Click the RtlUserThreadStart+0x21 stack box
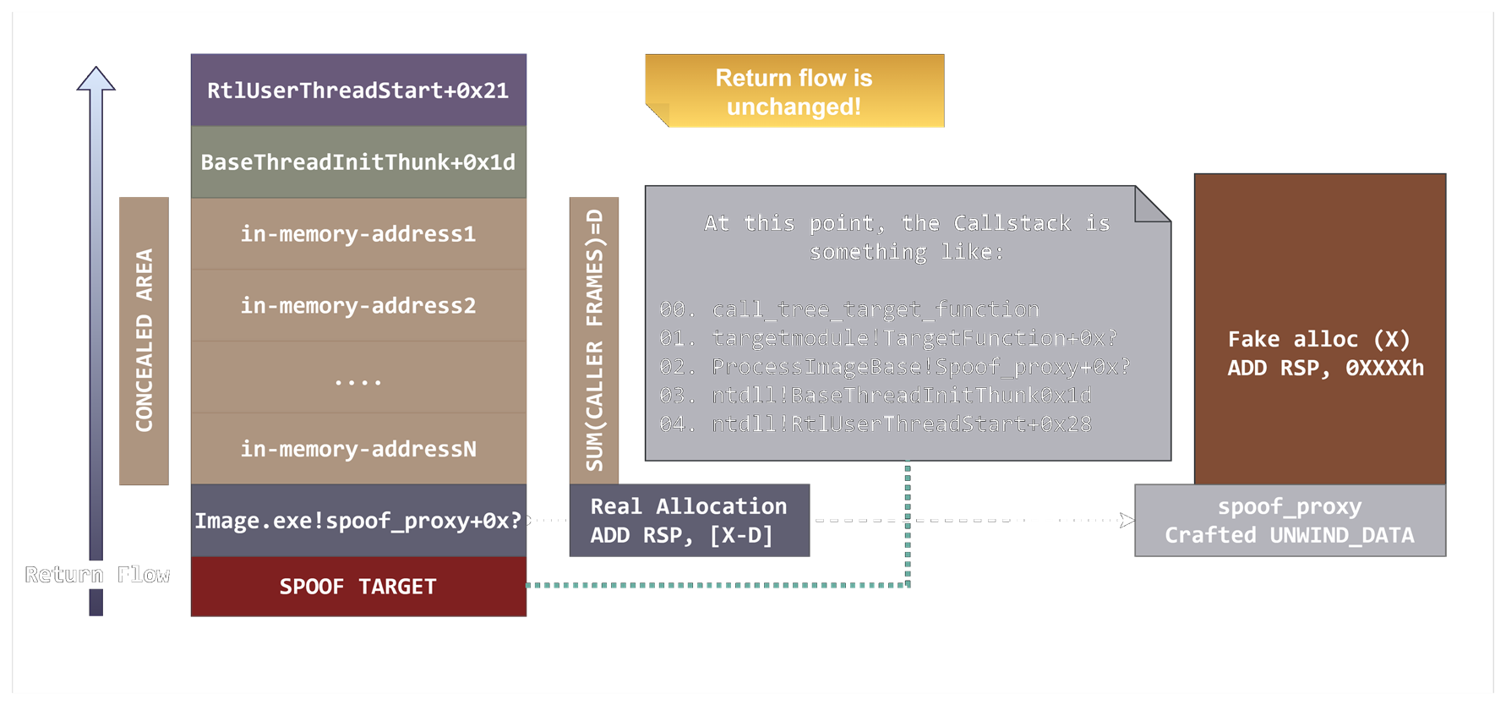pyautogui.click(x=358, y=90)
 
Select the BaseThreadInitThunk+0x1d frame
pyautogui.click(x=358, y=162)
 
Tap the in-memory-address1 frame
pyautogui.click(x=358, y=234)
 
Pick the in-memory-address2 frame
pyautogui.click(x=358, y=306)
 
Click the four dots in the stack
pyautogui.click(x=358, y=382)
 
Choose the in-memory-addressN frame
pyautogui.click(x=358, y=449)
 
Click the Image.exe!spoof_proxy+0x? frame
pyautogui.click(x=358, y=521)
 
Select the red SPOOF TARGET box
pyautogui.click(x=358, y=587)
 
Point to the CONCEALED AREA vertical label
pyautogui.click(x=144, y=341)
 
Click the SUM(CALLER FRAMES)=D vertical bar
pyautogui.click(x=594, y=341)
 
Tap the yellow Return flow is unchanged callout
pyautogui.click(x=794, y=91)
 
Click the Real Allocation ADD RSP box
pyautogui.click(x=689, y=521)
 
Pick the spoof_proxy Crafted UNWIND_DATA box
pyautogui.click(x=1290, y=521)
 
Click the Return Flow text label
pyautogui.click(x=97, y=575)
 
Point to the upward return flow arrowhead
pyautogui.click(x=96, y=79)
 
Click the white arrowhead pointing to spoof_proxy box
pyautogui.click(x=1127, y=520)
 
